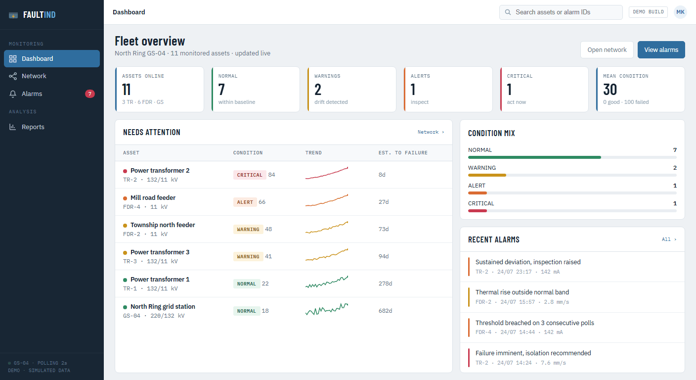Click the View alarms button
[x=661, y=50]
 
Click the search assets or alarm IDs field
[x=561, y=12]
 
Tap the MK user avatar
[x=680, y=12]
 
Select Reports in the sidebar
[x=33, y=127]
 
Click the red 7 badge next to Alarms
[x=90, y=94]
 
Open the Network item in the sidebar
[x=34, y=76]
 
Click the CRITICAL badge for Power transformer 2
[x=250, y=175]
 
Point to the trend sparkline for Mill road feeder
[x=327, y=200]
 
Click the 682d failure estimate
[x=385, y=311]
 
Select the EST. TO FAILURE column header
[x=403, y=153]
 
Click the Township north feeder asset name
[x=163, y=225]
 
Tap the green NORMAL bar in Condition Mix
[x=534, y=157]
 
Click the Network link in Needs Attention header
[x=431, y=132]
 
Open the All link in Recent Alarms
[x=669, y=239]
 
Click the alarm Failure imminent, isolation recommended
[x=533, y=353]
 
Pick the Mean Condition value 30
[x=609, y=90]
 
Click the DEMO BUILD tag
[x=648, y=12]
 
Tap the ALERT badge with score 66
[x=245, y=202]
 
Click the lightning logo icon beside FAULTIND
[x=13, y=15]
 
